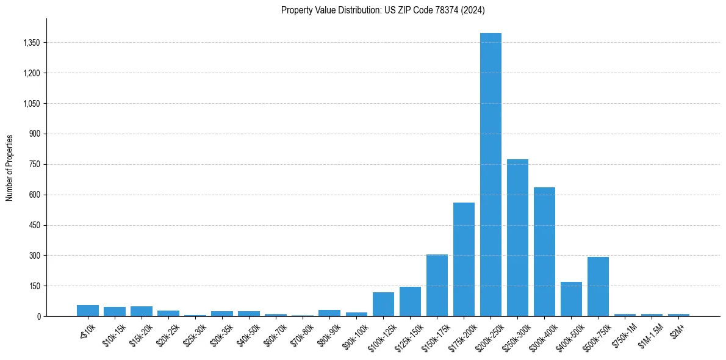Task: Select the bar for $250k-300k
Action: point(517,238)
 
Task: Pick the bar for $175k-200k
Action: point(464,259)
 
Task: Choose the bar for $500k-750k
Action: point(598,287)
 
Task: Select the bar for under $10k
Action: point(88,311)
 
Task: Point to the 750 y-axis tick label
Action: point(35,164)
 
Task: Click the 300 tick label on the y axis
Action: point(35,256)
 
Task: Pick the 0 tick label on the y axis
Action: point(38,316)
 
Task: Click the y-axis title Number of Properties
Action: point(10,167)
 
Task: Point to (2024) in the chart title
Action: point(473,10)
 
